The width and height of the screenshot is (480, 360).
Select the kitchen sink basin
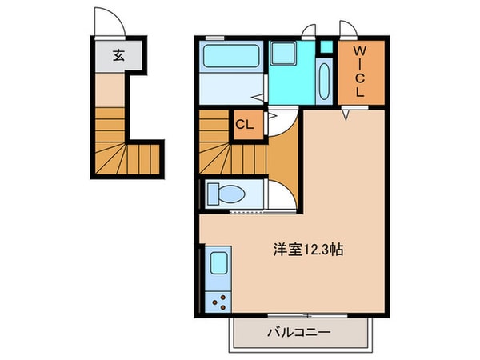[x=218, y=264]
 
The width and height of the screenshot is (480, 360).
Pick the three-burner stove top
[x=218, y=302]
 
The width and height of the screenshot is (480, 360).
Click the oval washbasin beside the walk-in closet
[x=324, y=83]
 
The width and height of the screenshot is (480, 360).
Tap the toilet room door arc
[x=282, y=194]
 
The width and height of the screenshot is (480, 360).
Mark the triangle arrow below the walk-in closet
[x=346, y=117]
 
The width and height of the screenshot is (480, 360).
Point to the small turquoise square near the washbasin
[x=324, y=46]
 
